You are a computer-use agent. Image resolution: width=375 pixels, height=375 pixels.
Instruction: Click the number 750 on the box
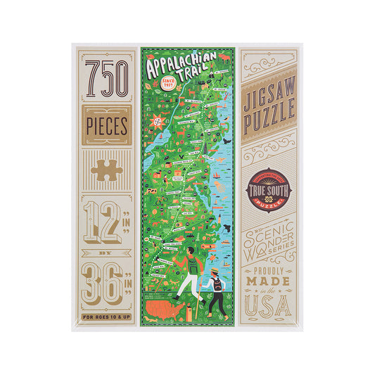107,77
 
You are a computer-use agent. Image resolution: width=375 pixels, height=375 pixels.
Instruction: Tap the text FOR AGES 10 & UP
107,315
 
